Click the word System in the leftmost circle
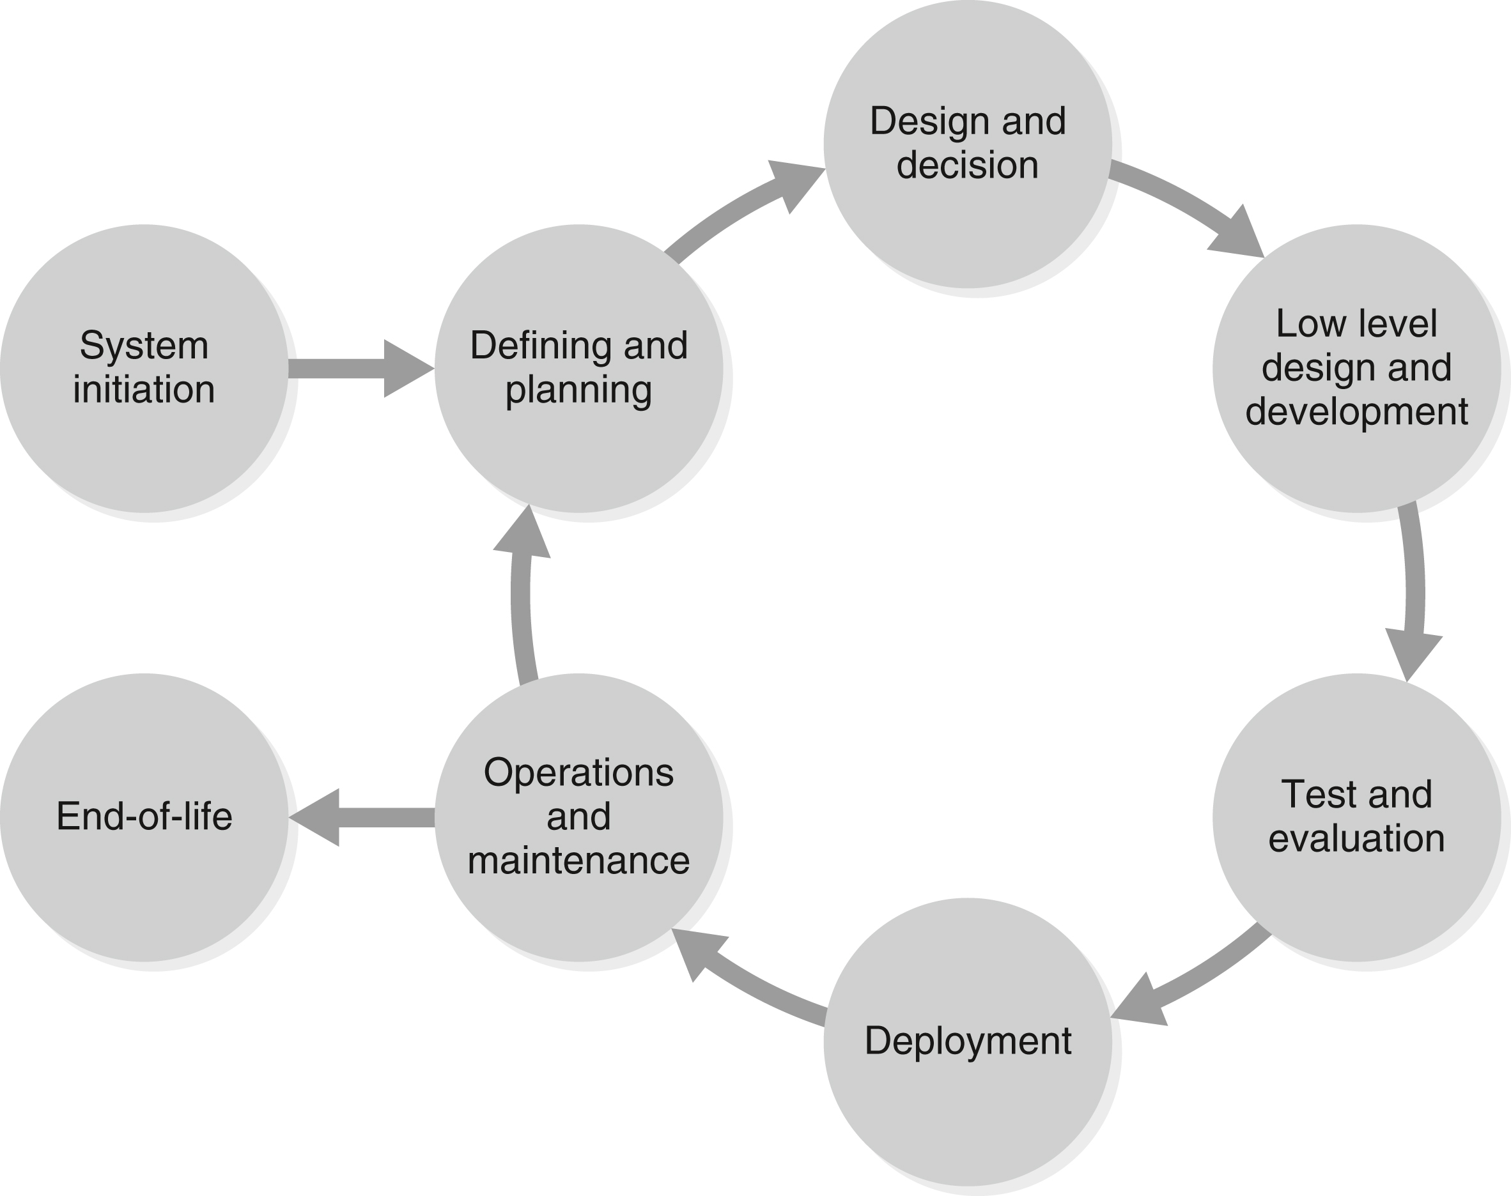144,346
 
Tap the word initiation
144,389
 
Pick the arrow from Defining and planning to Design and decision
736,210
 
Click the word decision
968,165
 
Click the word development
1357,411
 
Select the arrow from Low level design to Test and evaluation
1414,595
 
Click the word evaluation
1357,838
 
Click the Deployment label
968,1041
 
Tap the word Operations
578,773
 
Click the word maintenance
578,861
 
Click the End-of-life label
144,816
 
